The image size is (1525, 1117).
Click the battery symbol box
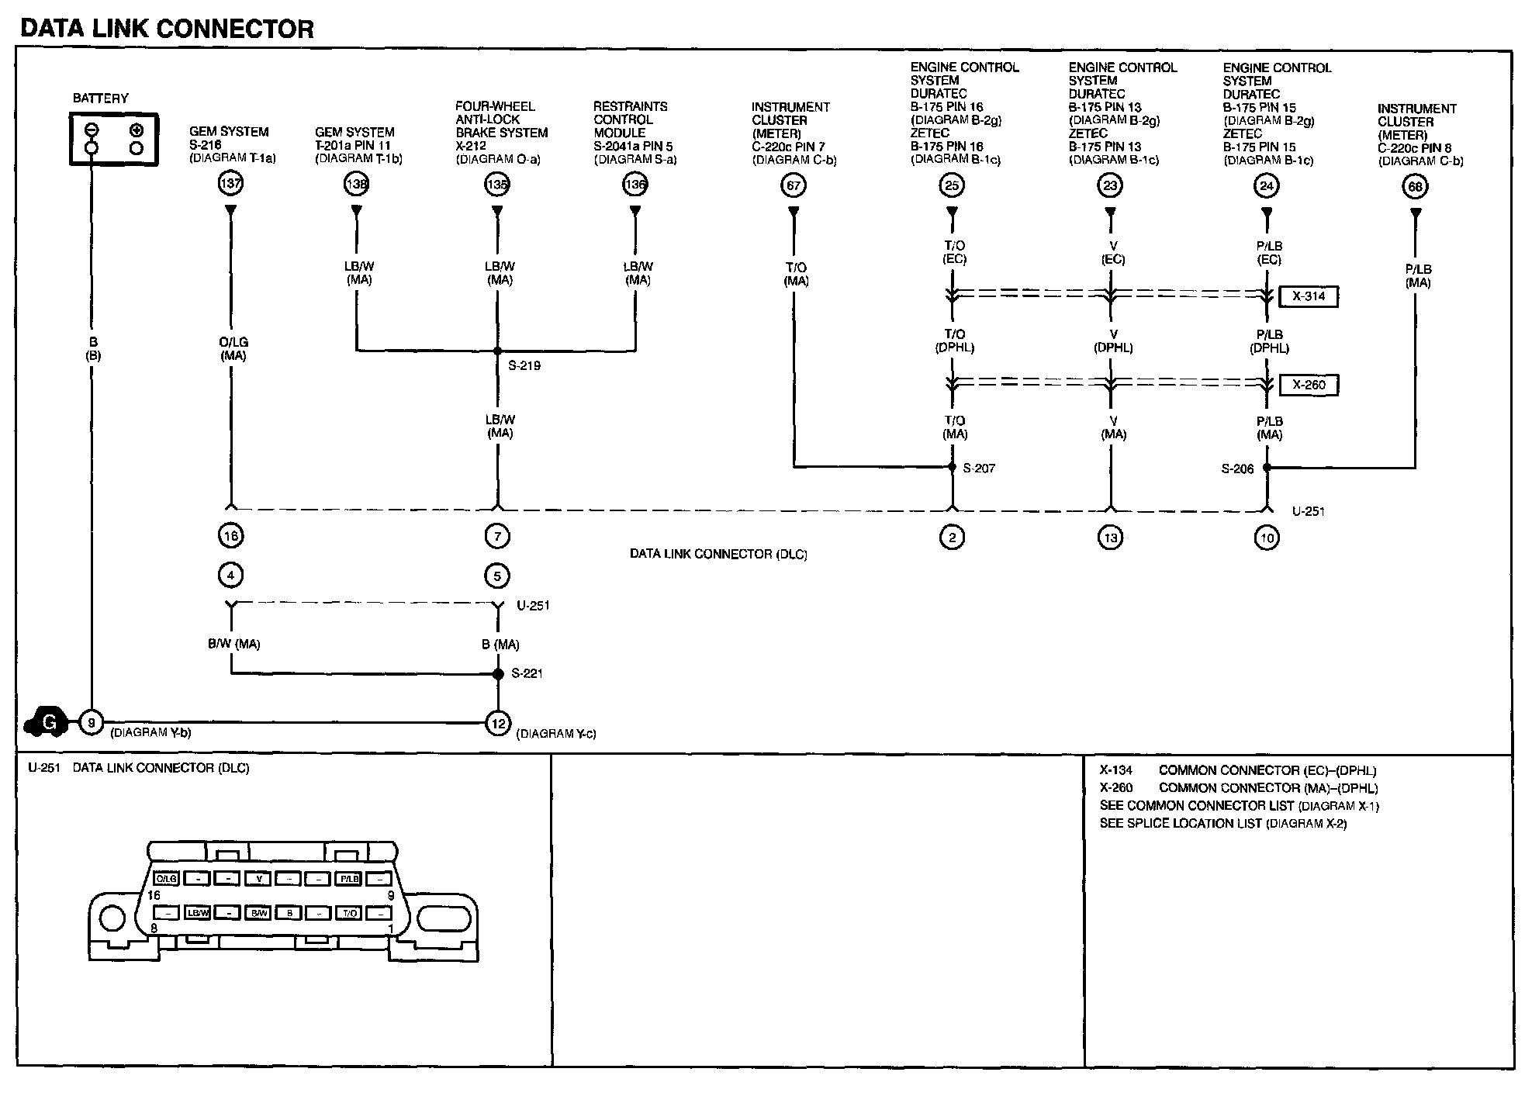coord(114,139)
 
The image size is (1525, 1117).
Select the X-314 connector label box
coord(1309,296)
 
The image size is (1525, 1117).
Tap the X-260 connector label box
coord(1309,385)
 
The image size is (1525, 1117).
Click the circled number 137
coord(230,184)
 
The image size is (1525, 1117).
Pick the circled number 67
coord(794,185)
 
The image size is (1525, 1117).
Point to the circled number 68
coord(1415,187)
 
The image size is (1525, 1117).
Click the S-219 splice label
coord(524,365)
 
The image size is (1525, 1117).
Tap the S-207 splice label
coord(978,469)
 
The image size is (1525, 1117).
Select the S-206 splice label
coord(1237,469)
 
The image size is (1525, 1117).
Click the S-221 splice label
coord(527,673)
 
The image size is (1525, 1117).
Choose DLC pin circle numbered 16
coord(230,535)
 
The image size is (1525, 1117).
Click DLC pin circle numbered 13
coord(1111,538)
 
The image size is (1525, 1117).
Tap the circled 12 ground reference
coord(497,724)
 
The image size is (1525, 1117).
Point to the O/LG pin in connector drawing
coord(167,879)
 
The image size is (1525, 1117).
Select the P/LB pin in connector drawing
coord(348,879)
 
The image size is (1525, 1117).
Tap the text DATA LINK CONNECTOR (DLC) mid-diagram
coord(718,555)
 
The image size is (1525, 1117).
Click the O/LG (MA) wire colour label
coord(233,349)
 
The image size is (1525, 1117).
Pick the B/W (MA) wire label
coord(233,644)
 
